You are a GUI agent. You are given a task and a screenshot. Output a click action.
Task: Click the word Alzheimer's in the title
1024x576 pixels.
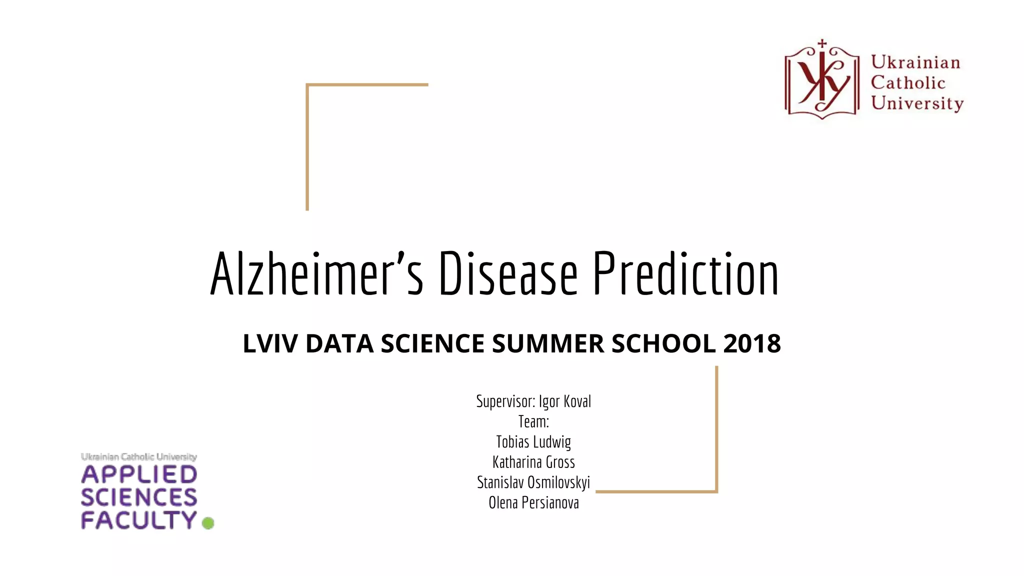316,274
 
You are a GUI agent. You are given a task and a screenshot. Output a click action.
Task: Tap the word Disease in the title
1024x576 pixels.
508,274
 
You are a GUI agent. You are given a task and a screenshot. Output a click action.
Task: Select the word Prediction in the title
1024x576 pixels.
685,274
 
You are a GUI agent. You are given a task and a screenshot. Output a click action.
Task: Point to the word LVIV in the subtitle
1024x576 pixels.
270,343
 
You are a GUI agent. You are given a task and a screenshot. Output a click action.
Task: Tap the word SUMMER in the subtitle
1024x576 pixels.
548,343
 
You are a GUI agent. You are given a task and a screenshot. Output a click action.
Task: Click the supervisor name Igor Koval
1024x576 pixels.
564,401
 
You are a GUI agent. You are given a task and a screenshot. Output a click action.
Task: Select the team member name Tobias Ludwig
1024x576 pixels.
533,442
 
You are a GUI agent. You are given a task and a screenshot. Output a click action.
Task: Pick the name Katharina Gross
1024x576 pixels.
533,462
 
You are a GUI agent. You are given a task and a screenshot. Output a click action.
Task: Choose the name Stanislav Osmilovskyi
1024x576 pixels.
533,482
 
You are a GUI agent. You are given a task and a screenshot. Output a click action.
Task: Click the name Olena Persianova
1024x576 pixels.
533,502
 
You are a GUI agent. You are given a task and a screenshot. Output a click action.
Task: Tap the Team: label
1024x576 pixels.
533,421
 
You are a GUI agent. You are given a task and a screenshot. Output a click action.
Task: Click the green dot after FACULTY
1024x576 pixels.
208,523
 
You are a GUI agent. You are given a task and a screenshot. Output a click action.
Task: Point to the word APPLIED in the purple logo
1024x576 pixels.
139,474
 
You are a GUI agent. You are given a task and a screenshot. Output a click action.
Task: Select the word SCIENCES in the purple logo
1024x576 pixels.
139,497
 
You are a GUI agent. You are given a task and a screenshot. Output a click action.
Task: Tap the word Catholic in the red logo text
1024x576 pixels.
908,82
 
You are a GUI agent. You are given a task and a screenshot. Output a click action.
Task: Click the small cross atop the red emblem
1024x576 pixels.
822,44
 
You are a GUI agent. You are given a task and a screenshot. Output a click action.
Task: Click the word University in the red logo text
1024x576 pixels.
917,103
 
